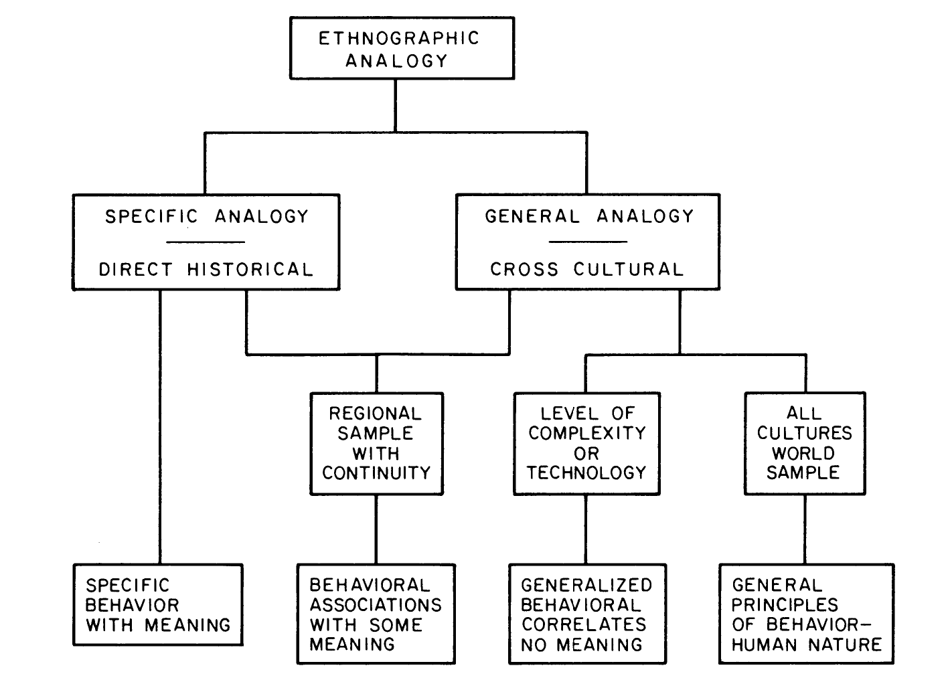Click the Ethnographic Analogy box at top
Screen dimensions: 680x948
point(402,49)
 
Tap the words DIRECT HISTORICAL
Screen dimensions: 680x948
point(206,270)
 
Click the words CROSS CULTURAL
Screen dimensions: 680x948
point(586,270)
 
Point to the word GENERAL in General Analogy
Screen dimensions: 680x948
point(532,217)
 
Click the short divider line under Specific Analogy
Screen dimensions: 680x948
point(206,242)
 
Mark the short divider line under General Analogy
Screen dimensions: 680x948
point(588,242)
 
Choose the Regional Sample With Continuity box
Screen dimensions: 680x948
point(376,443)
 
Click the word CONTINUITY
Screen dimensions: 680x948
point(376,473)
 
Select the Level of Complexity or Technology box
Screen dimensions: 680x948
point(586,443)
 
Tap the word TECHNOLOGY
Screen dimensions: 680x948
point(586,473)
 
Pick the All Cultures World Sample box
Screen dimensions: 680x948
point(804,443)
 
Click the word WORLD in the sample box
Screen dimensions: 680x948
point(803,453)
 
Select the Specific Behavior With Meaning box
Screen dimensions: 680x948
point(158,605)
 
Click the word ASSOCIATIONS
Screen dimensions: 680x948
point(376,605)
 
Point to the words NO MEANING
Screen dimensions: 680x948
point(582,645)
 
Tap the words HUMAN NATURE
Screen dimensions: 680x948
point(806,645)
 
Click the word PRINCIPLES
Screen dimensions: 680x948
point(784,605)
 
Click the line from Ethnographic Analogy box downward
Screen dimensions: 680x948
point(395,105)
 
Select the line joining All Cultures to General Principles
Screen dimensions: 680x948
point(805,529)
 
